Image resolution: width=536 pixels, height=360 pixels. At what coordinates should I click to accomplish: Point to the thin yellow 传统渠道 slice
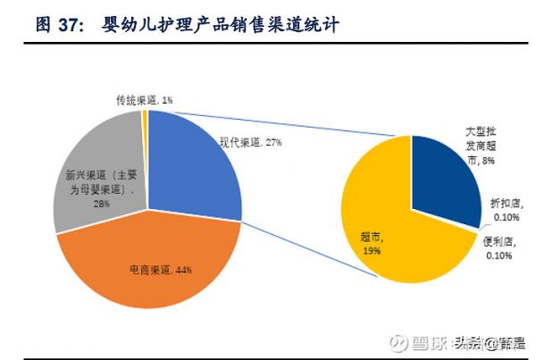pos(145,125)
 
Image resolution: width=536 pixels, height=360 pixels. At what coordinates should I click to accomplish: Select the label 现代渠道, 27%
pos(251,141)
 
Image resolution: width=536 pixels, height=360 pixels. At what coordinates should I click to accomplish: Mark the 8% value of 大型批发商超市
pos(488,160)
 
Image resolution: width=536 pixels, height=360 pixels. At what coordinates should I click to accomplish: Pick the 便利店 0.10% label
pos(500,248)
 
